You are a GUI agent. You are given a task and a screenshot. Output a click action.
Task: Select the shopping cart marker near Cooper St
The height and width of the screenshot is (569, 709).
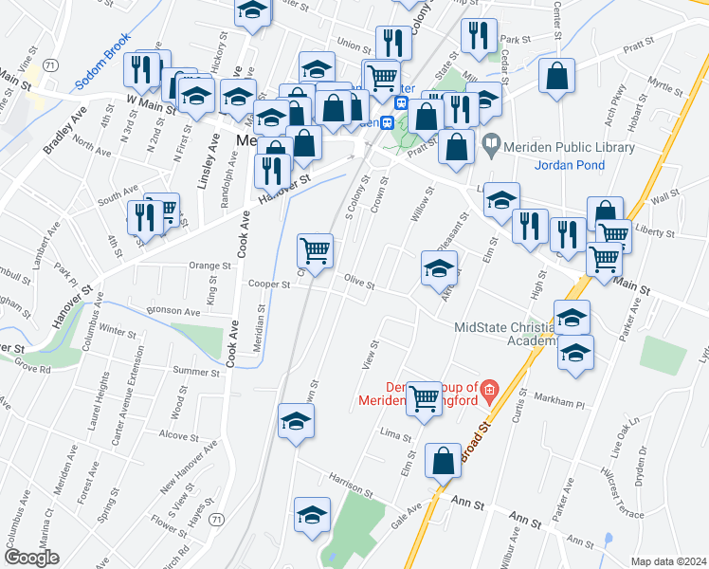315,251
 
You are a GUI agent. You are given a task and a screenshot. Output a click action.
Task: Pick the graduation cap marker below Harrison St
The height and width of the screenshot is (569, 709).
311,515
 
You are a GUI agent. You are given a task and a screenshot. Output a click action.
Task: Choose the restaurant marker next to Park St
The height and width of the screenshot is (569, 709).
480,35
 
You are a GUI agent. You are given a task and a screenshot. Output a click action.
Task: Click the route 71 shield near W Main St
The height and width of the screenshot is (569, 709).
48,64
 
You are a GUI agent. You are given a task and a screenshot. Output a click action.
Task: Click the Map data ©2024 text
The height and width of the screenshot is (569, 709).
668,561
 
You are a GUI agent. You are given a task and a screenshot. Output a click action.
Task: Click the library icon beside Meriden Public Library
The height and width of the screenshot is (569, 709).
490,146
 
